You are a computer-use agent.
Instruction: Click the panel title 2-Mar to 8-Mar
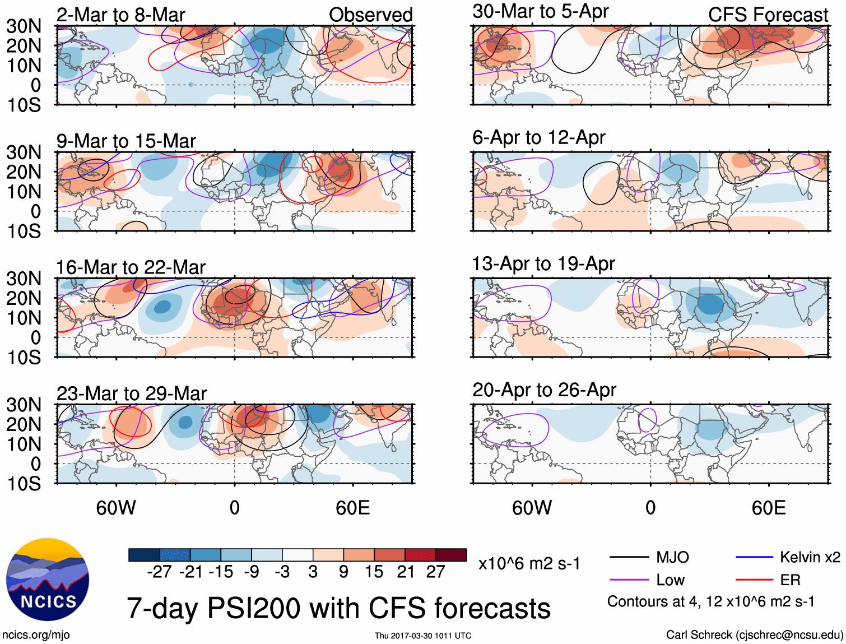(x=120, y=15)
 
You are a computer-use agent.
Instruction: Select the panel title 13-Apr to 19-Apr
(x=543, y=263)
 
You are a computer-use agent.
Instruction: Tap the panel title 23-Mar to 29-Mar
(x=132, y=393)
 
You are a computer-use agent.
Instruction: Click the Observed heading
(x=370, y=15)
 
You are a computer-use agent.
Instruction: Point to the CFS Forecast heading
(x=768, y=15)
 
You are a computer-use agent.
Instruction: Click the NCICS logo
(x=48, y=580)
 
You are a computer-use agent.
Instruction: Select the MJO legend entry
(x=672, y=557)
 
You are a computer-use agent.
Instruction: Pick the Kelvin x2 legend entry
(x=810, y=557)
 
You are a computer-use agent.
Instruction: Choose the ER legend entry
(x=790, y=580)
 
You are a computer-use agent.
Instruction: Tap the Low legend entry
(x=670, y=580)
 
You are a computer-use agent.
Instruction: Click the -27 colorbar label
(x=159, y=572)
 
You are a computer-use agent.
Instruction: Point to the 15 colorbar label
(x=374, y=572)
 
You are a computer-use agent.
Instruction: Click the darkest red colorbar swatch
(x=451, y=555)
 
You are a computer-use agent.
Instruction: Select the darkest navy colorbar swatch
(x=144, y=555)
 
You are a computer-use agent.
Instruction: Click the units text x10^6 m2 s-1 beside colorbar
(x=529, y=563)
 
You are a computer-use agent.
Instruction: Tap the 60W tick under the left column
(x=116, y=508)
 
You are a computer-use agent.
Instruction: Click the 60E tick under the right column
(x=768, y=508)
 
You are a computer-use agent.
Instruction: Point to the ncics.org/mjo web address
(x=36, y=634)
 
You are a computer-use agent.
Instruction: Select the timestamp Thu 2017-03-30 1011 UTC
(x=423, y=636)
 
